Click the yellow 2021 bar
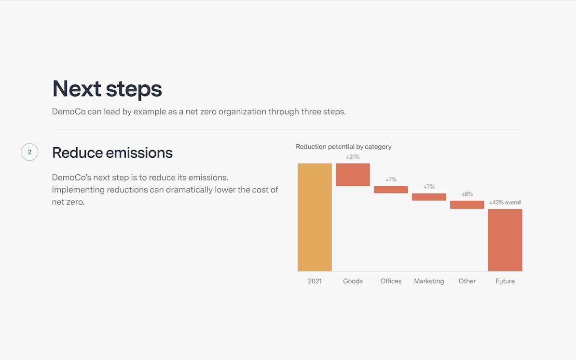coord(315,217)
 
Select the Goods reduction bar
coord(353,175)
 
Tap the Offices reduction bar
coord(391,190)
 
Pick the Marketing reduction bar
coord(429,197)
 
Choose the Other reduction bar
coord(467,205)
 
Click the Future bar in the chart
coord(505,240)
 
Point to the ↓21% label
coord(353,157)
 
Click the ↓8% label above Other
coord(467,194)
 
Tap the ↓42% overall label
coord(505,202)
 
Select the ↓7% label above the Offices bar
coord(391,180)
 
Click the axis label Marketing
coord(429,281)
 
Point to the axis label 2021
coord(315,281)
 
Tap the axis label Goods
coord(353,281)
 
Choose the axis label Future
coord(505,281)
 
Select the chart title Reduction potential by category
coord(343,147)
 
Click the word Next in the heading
coord(77,88)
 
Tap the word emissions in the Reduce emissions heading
coord(139,153)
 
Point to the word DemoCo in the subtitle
coord(69,111)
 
